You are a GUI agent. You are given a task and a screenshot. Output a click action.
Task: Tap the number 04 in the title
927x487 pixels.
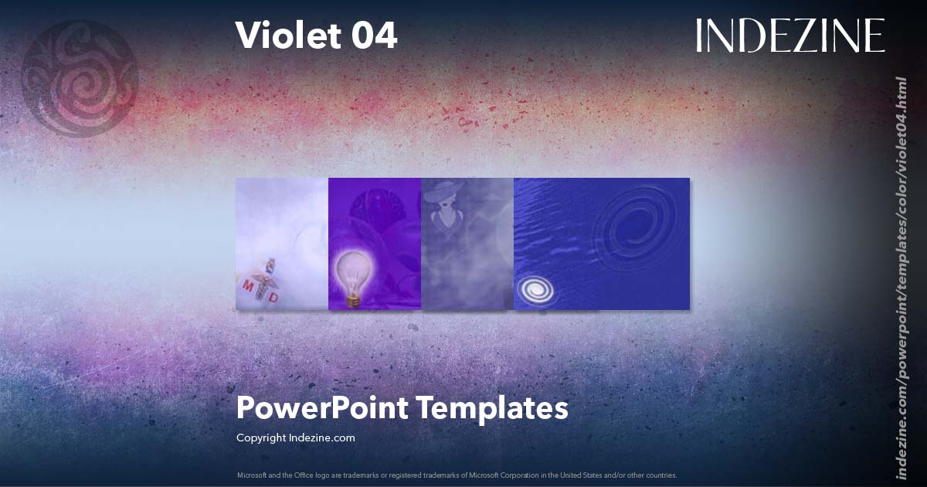(372, 36)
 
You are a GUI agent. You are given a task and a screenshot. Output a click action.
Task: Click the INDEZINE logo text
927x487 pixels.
(789, 36)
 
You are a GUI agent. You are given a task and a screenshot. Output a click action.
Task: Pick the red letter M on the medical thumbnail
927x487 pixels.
(248, 286)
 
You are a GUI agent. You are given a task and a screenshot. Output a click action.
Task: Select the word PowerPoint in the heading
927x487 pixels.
(321, 408)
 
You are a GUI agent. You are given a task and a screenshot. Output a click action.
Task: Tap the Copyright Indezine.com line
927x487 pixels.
(295, 438)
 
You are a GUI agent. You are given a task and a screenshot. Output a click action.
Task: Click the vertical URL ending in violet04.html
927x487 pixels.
(900, 278)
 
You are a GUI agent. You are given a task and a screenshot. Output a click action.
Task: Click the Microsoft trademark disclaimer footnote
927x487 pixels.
(457, 475)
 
